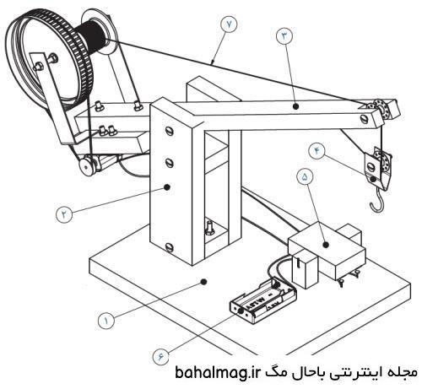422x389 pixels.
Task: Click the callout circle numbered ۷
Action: [229, 24]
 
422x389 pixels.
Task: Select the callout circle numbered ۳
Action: [284, 35]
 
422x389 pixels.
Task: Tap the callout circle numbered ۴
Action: [317, 151]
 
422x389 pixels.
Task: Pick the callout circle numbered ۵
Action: [305, 176]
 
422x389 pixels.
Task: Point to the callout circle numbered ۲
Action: [64, 214]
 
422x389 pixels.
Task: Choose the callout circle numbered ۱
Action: [106, 321]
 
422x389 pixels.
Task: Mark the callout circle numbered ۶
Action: [160, 357]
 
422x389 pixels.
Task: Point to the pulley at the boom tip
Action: [383, 109]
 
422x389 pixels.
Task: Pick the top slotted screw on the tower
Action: [170, 131]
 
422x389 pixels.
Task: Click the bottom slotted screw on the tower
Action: [170, 247]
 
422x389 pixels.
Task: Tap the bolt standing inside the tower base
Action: [209, 227]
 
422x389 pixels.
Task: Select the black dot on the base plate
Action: [204, 281]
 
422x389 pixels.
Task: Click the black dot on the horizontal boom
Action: [295, 106]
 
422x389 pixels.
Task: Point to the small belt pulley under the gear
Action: [87, 165]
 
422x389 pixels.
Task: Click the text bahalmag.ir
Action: [217, 373]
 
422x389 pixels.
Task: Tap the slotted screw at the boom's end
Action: [365, 118]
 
